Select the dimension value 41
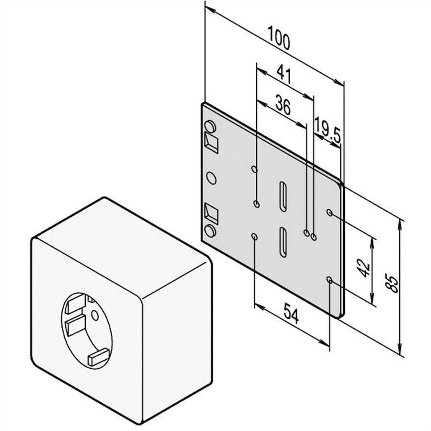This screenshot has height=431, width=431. pyautogui.click(x=284, y=74)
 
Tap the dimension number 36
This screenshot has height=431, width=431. pyautogui.click(x=283, y=105)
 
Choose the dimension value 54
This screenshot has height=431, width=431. pyautogui.click(x=291, y=313)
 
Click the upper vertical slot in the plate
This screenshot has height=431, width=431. pyautogui.click(x=283, y=197)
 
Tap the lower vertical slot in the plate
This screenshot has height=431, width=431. pyautogui.click(x=283, y=242)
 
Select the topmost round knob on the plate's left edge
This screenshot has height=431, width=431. pyautogui.click(x=210, y=127)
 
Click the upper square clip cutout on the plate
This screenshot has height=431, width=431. pyautogui.click(x=211, y=143)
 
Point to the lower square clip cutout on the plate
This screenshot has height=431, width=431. pyautogui.click(x=211, y=213)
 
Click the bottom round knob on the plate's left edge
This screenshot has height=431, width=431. pyautogui.click(x=210, y=231)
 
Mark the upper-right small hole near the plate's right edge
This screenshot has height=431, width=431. pyautogui.click(x=329, y=212)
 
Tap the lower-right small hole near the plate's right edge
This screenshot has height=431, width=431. pyautogui.click(x=329, y=280)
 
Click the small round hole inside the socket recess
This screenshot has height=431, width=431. pyautogui.click(x=95, y=316)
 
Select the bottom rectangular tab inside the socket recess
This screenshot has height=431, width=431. pyautogui.click(x=98, y=357)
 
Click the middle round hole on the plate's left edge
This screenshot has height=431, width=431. pyautogui.click(x=211, y=178)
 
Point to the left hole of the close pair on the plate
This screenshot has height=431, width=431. pyautogui.click(x=306, y=233)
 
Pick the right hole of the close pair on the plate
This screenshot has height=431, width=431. pyautogui.click(x=314, y=237)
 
